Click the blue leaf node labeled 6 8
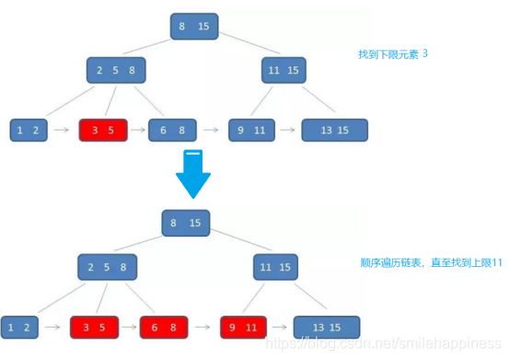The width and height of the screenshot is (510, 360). (172, 131)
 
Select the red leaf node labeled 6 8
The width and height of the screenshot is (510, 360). (164, 327)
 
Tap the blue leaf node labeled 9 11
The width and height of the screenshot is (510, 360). (251, 131)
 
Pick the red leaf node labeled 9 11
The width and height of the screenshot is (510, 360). (244, 327)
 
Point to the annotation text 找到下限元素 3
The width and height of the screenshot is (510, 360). (393, 54)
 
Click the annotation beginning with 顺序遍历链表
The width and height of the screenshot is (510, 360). (431, 262)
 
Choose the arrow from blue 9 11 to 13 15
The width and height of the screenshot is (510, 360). (288, 131)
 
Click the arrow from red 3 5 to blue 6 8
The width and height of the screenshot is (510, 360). (137, 131)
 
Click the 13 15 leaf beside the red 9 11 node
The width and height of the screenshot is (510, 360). (326, 327)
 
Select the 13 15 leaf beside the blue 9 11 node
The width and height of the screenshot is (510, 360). (334, 131)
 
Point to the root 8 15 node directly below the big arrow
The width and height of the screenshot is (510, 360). (186, 222)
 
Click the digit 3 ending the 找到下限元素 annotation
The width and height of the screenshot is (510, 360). (425, 54)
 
